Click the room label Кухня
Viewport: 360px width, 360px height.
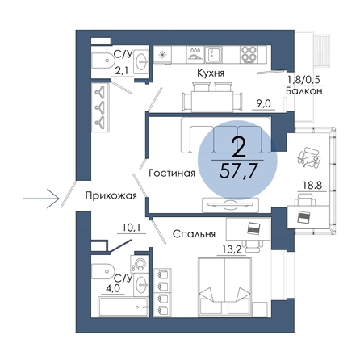point(211,73)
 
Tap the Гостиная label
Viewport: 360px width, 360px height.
point(172,173)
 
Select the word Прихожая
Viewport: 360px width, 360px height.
point(111,196)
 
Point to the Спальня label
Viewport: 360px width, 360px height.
point(194,234)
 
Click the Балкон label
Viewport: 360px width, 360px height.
point(304,91)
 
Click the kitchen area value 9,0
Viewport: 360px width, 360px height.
point(263,103)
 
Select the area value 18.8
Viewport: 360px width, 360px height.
point(312,186)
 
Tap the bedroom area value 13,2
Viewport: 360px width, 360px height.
point(232,250)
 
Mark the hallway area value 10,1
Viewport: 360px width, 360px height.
point(132,228)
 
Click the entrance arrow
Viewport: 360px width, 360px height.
point(41,199)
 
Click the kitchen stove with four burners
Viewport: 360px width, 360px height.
point(249,54)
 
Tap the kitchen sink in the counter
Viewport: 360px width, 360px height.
point(213,54)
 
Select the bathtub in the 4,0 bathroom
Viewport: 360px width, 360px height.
point(123,307)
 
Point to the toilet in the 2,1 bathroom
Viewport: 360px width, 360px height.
point(103,61)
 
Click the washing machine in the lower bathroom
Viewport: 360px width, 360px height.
point(140,264)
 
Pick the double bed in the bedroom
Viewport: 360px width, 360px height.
point(224,287)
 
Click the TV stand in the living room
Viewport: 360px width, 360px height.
point(231,205)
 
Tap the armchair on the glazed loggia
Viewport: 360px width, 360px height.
point(309,157)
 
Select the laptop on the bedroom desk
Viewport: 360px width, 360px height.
point(253,228)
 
